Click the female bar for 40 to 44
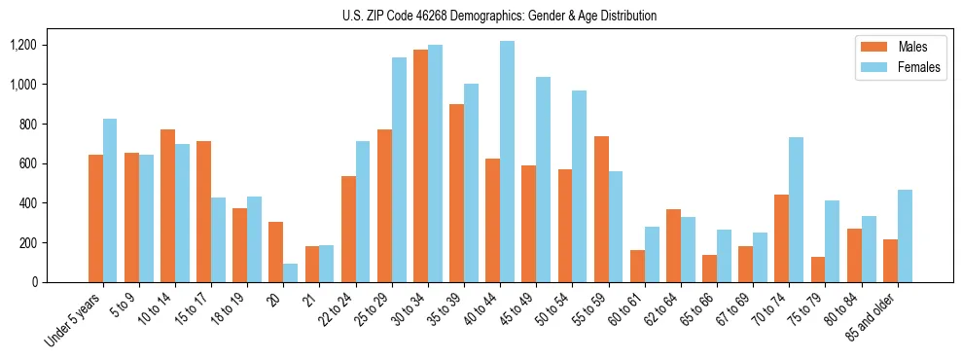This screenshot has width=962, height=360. pyautogui.click(x=507, y=162)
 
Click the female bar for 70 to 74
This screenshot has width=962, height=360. pyautogui.click(x=796, y=209)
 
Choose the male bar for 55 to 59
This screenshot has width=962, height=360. pyautogui.click(x=601, y=209)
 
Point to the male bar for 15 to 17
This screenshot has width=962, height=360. pyautogui.click(x=203, y=211)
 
